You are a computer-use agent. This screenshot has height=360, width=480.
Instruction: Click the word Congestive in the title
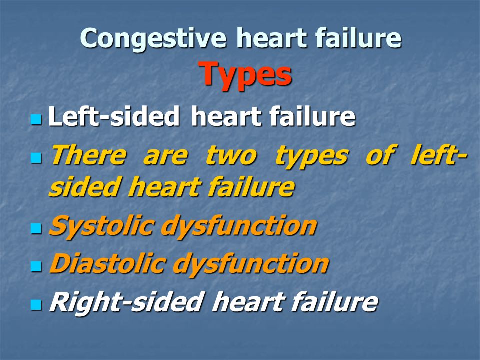153,39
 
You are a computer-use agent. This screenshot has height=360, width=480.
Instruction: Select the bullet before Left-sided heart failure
36,119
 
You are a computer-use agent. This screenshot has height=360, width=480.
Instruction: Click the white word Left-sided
114,116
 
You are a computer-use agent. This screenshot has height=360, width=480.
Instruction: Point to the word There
88,155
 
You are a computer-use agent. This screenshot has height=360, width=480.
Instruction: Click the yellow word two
231,156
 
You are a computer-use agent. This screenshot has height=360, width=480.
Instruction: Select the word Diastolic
108,263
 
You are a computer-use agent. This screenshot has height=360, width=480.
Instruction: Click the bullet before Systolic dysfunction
36,228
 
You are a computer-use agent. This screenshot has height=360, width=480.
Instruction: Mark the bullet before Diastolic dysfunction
36,266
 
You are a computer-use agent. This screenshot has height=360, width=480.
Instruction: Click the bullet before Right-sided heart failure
36,305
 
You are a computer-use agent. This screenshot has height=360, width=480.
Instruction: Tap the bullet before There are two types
36,158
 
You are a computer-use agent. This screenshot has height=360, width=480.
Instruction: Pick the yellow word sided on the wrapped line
84,186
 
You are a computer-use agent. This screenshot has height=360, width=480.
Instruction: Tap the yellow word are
165,157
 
